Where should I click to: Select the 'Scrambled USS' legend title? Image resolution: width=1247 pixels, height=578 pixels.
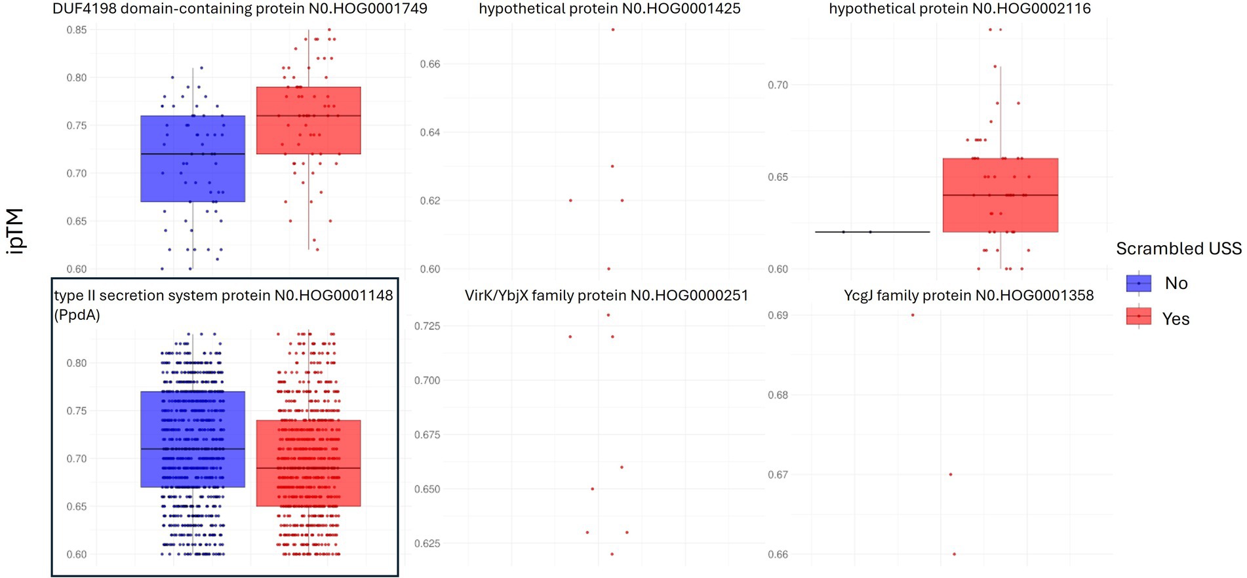coord(1178,249)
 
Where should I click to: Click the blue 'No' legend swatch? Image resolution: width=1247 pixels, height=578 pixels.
coord(1139,283)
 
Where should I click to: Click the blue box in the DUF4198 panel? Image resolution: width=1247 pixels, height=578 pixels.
coord(193,159)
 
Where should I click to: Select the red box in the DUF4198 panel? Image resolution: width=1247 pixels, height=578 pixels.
coord(308,121)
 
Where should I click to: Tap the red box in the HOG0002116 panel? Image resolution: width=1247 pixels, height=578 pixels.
coord(1000,195)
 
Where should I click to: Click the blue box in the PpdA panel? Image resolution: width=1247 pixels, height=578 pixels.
coord(193,439)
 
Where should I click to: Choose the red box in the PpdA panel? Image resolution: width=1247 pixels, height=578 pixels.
coord(308,463)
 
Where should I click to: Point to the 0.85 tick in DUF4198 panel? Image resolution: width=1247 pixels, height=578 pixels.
coord(76,30)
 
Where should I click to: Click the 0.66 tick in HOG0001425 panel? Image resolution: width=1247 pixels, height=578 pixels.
coord(430,64)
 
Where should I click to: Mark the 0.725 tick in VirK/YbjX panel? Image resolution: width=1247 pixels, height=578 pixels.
coord(427,326)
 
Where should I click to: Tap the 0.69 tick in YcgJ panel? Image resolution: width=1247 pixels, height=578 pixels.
coord(778,315)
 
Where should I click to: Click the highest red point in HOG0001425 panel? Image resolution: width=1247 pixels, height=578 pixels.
coord(613,29)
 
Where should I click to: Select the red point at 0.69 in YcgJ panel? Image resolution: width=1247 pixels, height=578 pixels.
coord(913,315)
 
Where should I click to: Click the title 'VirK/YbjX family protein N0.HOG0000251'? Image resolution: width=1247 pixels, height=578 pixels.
coord(606,296)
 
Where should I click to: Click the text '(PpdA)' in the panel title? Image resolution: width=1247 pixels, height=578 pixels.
coord(77,315)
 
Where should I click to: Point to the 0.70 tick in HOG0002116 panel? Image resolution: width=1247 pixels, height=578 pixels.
coord(778,85)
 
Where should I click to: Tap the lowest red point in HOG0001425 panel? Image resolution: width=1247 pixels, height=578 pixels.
coord(608,269)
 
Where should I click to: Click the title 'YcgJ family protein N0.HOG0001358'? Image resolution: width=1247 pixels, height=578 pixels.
coord(968,296)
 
